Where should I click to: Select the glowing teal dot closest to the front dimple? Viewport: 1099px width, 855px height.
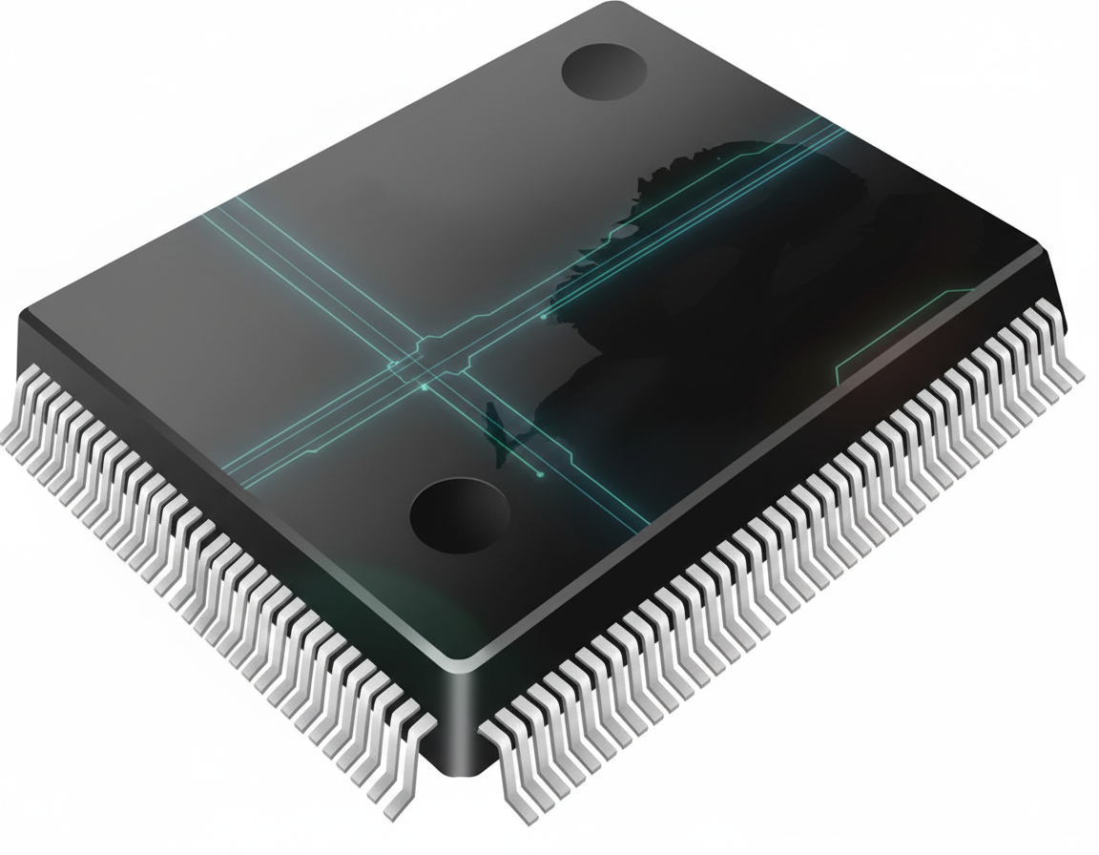541,474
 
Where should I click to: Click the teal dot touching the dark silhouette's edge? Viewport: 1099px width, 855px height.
544,316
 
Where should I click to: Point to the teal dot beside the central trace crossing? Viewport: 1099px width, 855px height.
424,387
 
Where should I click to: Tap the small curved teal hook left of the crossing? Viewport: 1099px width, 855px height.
392,364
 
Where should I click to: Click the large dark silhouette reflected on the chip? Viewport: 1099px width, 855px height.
725,286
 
